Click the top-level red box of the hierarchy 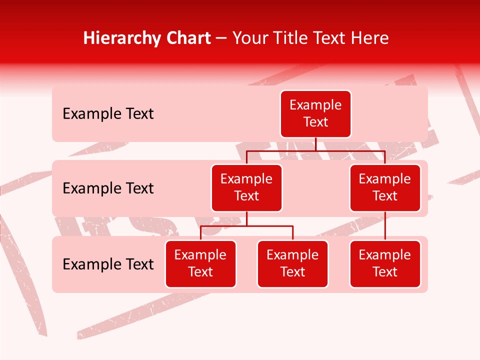[x=315, y=114]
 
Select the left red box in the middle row [x=246, y=187]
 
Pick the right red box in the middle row [x=385, y=187]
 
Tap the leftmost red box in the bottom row [x=200, y=264]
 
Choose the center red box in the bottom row [x=292, y=264]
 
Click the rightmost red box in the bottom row [x=385, y=264]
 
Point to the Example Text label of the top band [x=108, y=114]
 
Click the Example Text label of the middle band [x=108, y=188]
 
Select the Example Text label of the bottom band [x=108, y=264]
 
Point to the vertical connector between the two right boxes [x=385, y=226]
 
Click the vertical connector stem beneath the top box [x=315, y=144]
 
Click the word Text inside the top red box [x=315, y=122]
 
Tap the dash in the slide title [x=221, y=38]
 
